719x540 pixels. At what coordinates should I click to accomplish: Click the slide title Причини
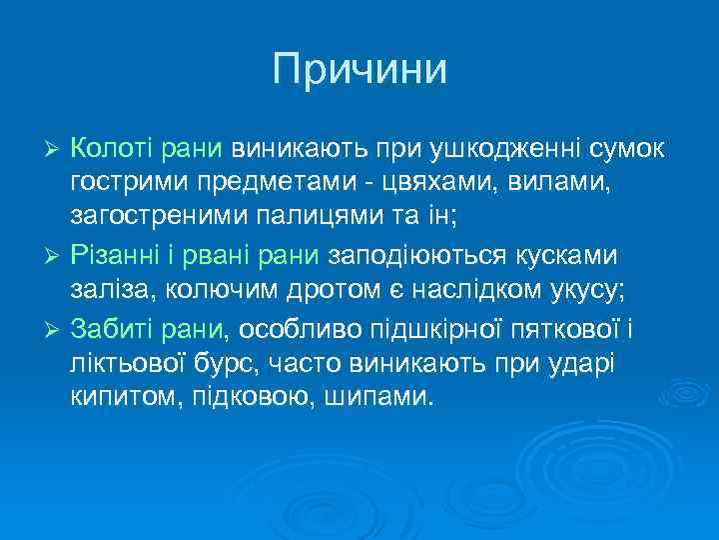coord(359,69)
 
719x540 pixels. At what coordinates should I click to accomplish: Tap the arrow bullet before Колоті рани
coord(56,150)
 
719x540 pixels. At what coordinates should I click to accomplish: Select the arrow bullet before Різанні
coord(56,256)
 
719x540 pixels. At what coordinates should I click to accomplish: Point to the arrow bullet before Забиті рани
coord(56,328)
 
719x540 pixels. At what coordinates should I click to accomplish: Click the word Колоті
coord(108,149)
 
